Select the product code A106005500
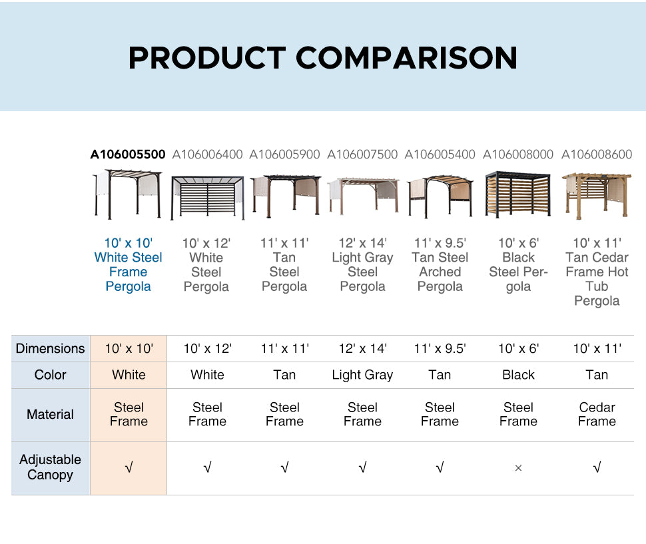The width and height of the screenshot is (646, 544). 128,154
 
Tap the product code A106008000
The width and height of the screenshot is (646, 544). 518,154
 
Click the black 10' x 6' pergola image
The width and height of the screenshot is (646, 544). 518,194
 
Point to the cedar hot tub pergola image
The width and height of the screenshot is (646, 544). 597,196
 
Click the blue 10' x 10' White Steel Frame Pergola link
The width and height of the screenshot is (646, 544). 128,264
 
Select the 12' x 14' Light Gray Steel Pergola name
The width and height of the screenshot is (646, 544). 362,264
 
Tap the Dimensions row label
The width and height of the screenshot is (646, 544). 50,348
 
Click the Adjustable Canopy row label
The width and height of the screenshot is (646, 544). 50,467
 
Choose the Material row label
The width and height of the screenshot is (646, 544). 50,414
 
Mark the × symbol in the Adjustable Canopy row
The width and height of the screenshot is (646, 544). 518,468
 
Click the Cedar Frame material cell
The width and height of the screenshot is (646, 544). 597,414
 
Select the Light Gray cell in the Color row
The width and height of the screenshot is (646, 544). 362,375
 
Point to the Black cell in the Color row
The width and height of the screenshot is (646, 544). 518,375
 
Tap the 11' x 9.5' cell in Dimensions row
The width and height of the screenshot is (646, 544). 440,348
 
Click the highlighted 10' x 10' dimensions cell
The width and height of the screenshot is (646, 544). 129,348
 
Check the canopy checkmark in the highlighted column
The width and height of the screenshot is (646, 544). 129,467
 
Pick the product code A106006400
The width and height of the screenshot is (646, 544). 207,154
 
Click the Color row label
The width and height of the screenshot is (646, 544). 50,375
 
